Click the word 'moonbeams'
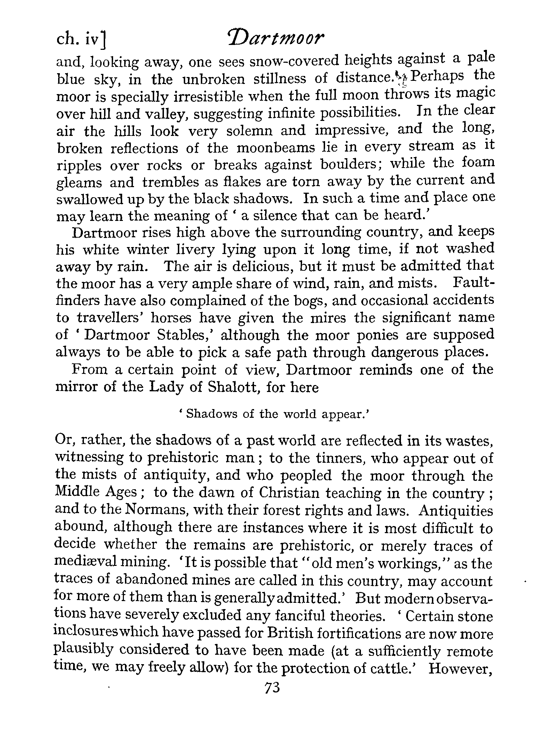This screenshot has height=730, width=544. click(276, 148)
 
